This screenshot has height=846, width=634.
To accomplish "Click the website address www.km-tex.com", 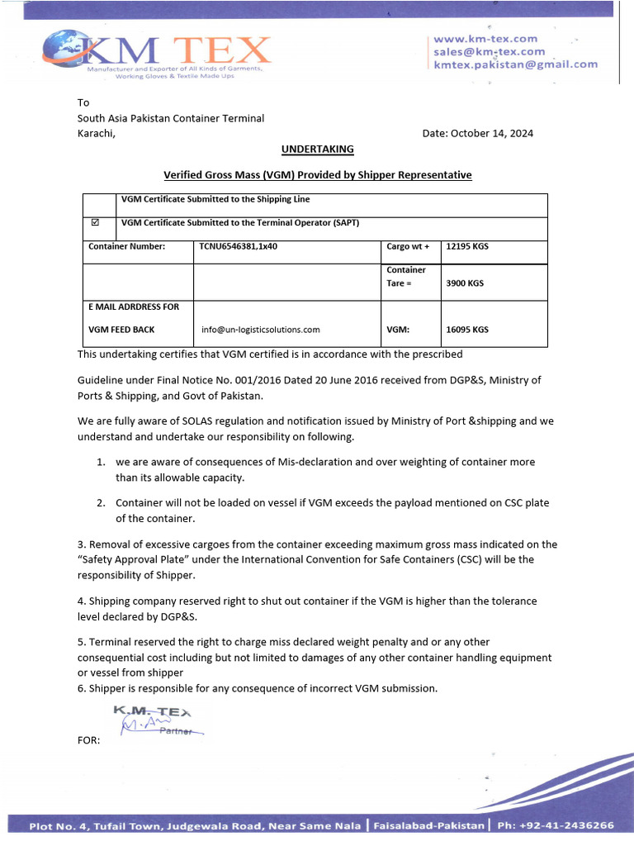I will pyautogui.click(x=485, y=38).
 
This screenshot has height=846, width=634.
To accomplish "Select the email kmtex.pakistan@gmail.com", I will pyautogui.click(x=515, y=64).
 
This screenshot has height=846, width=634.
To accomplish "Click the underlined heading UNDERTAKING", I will pyautogui.click(x=317, y=149).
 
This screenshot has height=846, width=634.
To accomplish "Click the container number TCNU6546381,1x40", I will pyautogui.click(x=239, y=246).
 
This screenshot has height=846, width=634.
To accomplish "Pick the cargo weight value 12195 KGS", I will pyautogui.click(x=467, y=246).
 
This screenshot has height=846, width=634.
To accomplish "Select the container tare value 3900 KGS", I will pyautogui.click(x=465, y=283).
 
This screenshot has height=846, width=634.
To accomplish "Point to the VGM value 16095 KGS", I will pyautogui.click(x=467, y=329).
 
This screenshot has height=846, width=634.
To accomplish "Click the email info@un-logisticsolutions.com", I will pyautogui.click(x=260, y=329).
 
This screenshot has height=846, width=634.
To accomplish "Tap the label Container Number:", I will pyautogui.click(x=127, y=246).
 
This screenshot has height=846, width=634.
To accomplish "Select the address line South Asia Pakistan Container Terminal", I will pyautogui.click(x=171, y=118).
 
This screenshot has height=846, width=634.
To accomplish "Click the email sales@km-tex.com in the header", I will pyautogui.click(x=489, y=51).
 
